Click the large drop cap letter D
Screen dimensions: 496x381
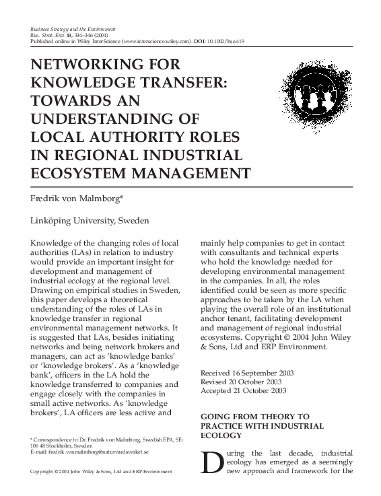[x=211, y=464]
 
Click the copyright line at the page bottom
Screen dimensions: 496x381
[x=102, y=472]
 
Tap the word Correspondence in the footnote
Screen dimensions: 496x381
[x=55, y=439]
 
